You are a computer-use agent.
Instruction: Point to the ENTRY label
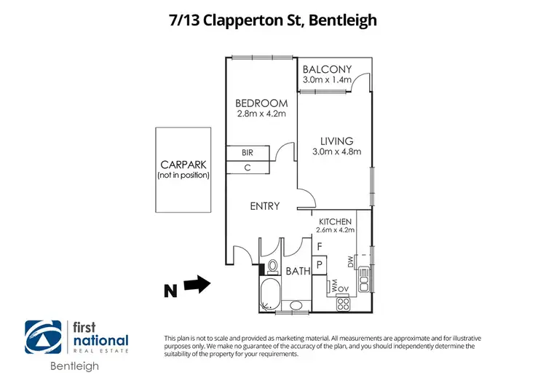265,206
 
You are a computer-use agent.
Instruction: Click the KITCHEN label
335,221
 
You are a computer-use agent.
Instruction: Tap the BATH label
298,271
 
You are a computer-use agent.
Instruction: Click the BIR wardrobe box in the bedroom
248,153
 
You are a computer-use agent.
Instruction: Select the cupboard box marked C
248,168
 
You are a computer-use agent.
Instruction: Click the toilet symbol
273,265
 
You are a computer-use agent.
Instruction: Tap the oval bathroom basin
297,305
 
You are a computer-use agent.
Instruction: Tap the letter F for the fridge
318,247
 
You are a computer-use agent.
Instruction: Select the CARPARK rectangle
183,170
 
